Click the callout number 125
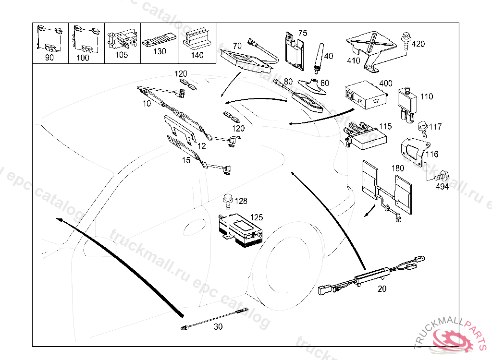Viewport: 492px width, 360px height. pyautogui.click(x=257, y=218)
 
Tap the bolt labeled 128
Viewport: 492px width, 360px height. pyautogui.click(x=228, y=198)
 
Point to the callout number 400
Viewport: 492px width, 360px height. pyautogui.click(x=386, y=84)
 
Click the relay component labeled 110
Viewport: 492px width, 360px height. pyautogui.click(x=407, y=102)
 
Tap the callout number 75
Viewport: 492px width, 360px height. pyautogui.click(x=302, y=33)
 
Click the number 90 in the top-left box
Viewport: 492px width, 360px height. pyautogui.click(x=49, y=58)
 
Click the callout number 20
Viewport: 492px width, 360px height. pyautogui.click(x=382, y=288)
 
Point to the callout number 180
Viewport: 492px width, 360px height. pyautogui.click(x=398, y=168)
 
